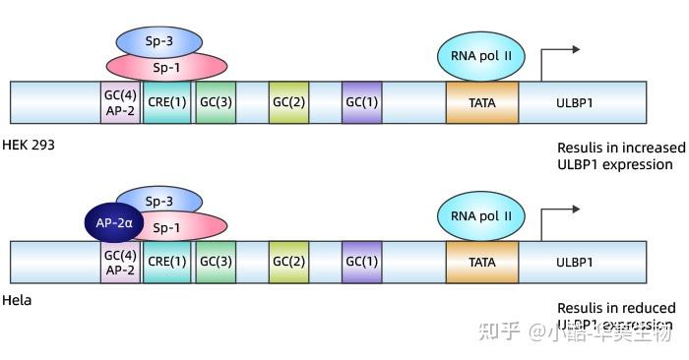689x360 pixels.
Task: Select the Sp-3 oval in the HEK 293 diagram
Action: (x=159, y=40)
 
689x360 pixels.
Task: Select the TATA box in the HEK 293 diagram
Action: (x=482, y=101)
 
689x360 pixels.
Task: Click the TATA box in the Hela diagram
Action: (x=482, y=263)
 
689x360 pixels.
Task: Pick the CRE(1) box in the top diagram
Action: (x=166, y=101)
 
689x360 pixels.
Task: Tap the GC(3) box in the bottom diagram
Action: (x=216, y=263)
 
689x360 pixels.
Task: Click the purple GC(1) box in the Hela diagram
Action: (x=361, y=263)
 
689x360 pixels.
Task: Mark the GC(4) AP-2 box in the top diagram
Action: (x=120, y=101)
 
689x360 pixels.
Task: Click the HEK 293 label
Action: (x=30, y=145)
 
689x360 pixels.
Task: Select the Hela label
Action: (x=17, y=300)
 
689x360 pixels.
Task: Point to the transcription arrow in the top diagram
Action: (x=559, y=55)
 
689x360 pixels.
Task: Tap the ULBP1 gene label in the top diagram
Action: (x=574, y=101)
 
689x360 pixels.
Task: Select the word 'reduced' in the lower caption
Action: (x=650, y=308)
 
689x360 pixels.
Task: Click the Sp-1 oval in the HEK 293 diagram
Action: (x=165, y=66)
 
